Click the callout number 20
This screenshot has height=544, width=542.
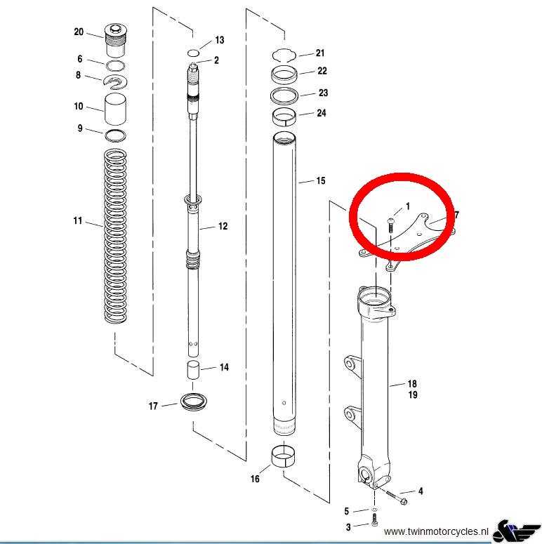coord(79,32)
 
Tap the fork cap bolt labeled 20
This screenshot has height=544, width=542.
coord(116,41)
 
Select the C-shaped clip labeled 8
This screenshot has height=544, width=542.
coord(116,82)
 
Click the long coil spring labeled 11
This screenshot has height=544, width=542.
coord(115,237)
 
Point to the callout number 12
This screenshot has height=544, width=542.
coord(223,226)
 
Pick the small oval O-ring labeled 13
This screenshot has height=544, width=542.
coord(193,53)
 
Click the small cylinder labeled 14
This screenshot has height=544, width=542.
coord(193,370)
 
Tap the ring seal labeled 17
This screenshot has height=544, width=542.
coord(194,402)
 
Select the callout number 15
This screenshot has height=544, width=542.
coord(321,181)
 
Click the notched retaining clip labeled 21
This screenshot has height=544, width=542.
coord(284,55)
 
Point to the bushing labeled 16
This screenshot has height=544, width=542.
coord(284,456)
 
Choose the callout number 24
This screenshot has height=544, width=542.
coord(322,113)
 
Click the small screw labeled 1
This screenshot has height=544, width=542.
coord(390,225)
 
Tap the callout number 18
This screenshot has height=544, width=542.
coord(412,384)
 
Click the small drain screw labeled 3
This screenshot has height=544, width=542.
coord(374,519)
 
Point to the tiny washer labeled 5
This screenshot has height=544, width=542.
coord(374,510)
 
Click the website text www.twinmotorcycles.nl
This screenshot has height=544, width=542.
coord(436,531)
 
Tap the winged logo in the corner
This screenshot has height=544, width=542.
coord(516,531)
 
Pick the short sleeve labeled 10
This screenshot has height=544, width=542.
coord(115,109)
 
